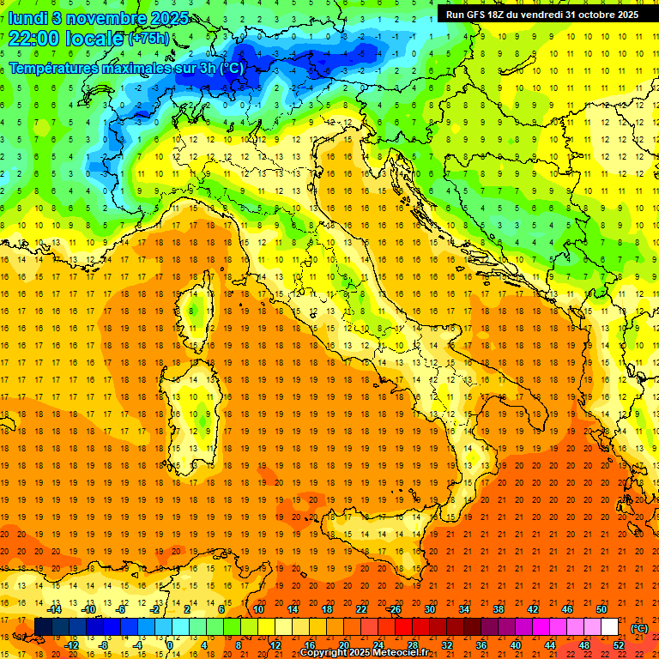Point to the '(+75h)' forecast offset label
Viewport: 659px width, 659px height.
(148, 39)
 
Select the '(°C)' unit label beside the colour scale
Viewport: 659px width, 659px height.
(639, 628)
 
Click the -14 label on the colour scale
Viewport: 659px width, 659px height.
(54, 609)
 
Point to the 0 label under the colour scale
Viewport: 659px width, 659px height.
(169, 645)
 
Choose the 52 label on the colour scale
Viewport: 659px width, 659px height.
(619, 645)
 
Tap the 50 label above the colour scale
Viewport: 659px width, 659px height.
(602, 609)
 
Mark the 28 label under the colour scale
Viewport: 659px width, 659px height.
(412, 645)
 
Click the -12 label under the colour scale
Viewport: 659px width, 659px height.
(71, 645)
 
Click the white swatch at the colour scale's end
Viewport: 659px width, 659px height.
(610, 627)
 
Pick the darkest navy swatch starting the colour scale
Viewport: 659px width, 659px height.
(43, 627)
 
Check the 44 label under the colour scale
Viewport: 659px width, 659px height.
(550, 645)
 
